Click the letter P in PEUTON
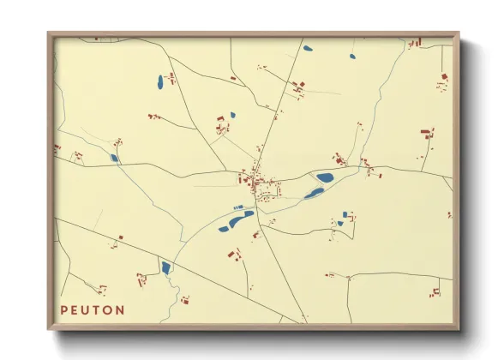[64, 309]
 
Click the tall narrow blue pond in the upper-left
[160, 82]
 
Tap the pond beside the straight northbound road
[308, 48]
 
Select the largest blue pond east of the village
[325, 178]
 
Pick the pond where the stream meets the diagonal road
[165, 268]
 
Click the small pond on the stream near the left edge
[114, 158]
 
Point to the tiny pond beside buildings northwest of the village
[232, 115]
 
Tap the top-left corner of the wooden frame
[49, 33]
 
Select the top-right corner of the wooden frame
[458, 33]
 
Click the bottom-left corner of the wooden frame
[49, 329]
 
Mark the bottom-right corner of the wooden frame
[458, 329]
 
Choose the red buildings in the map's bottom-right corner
[435, 292]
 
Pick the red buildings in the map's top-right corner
[414, 42]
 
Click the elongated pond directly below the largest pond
[314, 193]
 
